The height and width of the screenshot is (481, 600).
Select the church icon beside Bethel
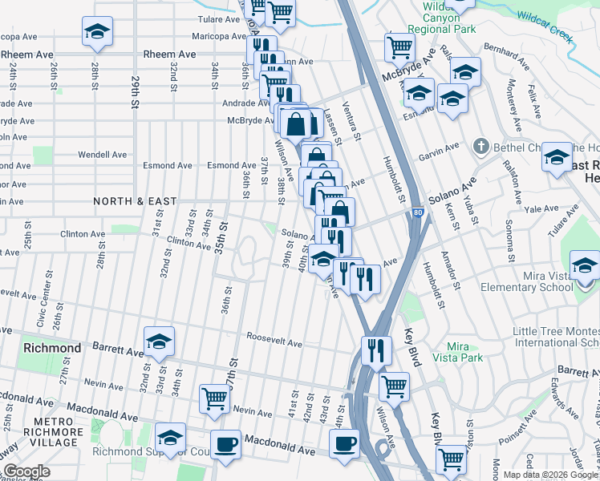(x=480, y=146)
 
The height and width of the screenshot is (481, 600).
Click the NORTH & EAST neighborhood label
(x=135, y=200)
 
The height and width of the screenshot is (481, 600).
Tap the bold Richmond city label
(x=52, y=349)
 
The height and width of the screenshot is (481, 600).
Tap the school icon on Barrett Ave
(x=159, y=341)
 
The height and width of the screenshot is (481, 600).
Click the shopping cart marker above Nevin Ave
(x=214, y=398)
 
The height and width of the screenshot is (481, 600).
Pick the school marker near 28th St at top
(x=97, y=31)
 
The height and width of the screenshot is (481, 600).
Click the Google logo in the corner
(x=26, y=471)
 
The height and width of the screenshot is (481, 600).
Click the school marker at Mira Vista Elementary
(x=584, y=265)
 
